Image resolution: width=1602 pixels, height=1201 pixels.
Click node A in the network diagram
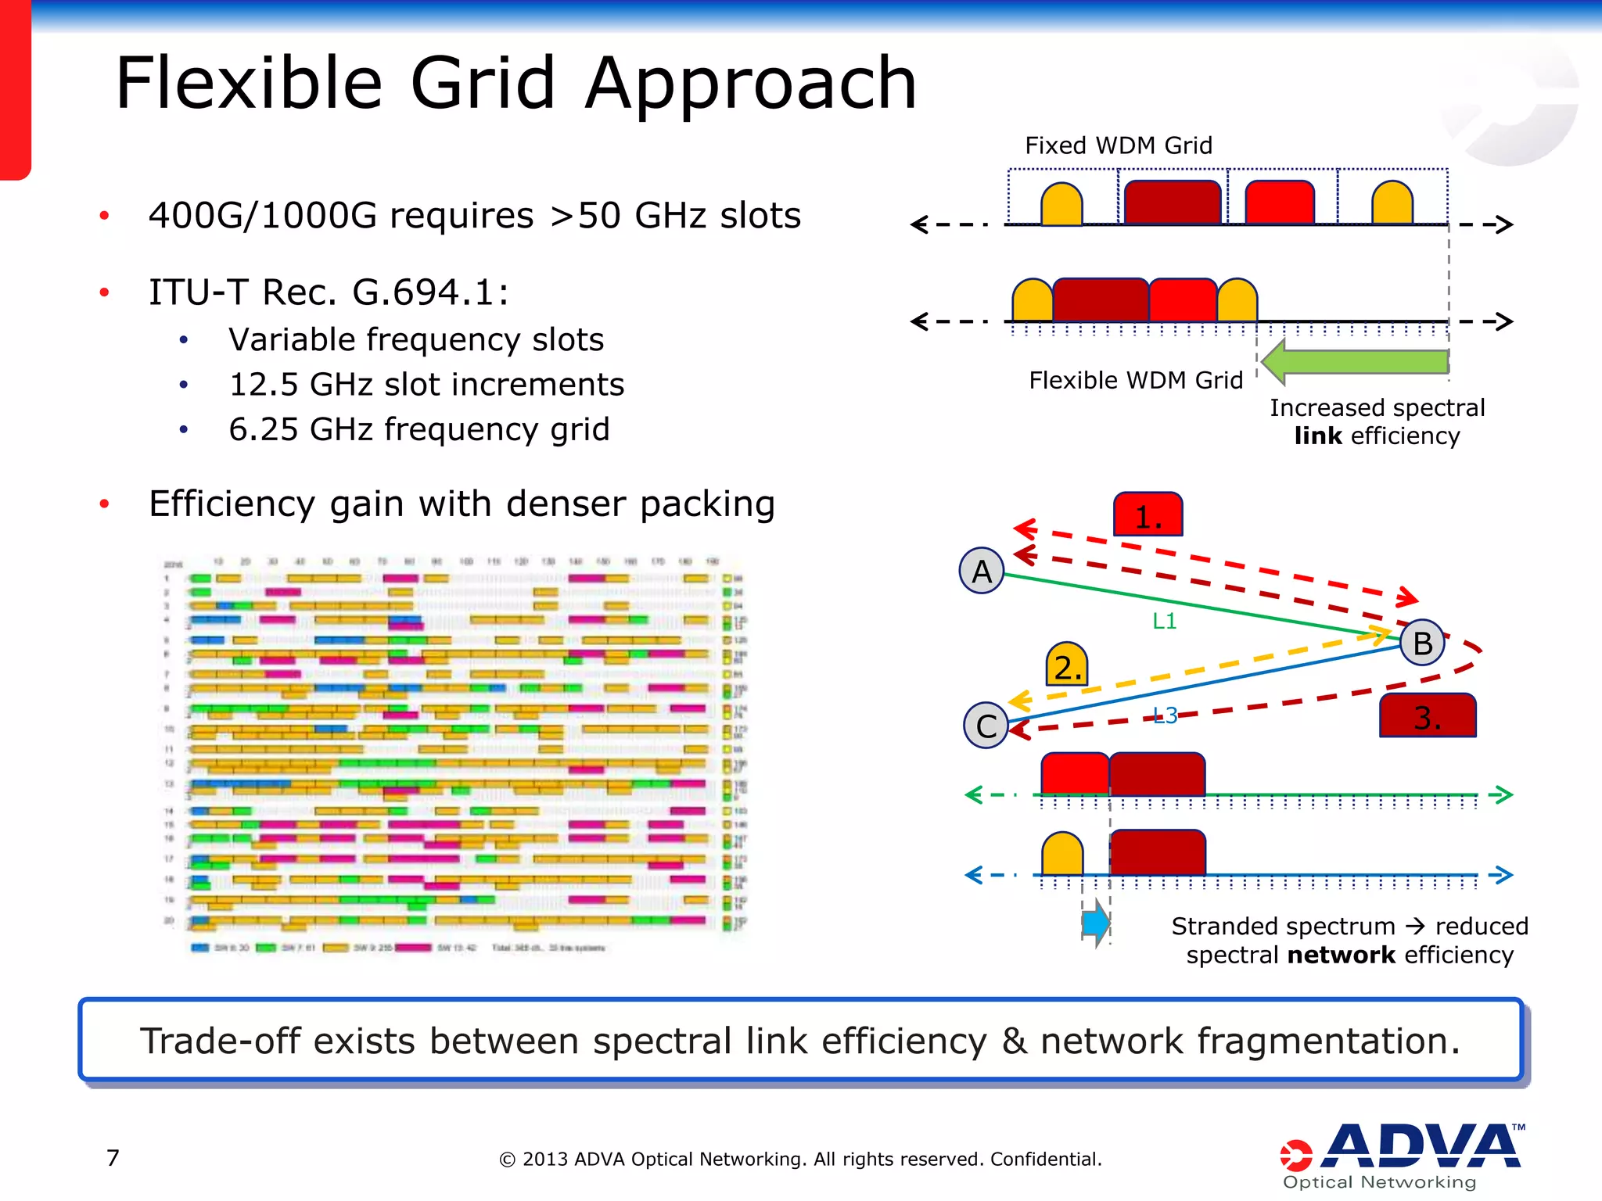(982, 572)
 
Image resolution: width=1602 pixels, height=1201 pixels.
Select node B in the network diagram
(1422, 643)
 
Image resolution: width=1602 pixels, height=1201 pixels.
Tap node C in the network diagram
(986, 726)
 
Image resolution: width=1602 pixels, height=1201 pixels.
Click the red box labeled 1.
(1148, 514)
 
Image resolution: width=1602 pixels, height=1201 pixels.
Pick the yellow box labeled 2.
(1067, 665)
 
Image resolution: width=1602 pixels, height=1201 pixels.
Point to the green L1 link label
(1164, 621)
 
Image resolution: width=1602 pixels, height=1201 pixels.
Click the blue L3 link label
(1165, 715)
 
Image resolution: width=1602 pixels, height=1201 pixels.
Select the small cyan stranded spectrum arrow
(1096, 923)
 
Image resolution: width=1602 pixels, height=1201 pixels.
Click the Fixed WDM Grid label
(1118, 145)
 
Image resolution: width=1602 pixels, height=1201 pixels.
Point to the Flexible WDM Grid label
(1135, 380)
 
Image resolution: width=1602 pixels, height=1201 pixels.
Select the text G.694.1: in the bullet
(430, 292)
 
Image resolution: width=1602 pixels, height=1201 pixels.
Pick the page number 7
(113, 1157)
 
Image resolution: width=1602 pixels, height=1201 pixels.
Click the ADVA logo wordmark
(1424, 1147)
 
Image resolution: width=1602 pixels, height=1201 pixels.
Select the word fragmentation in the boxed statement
(1327, 1041)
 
